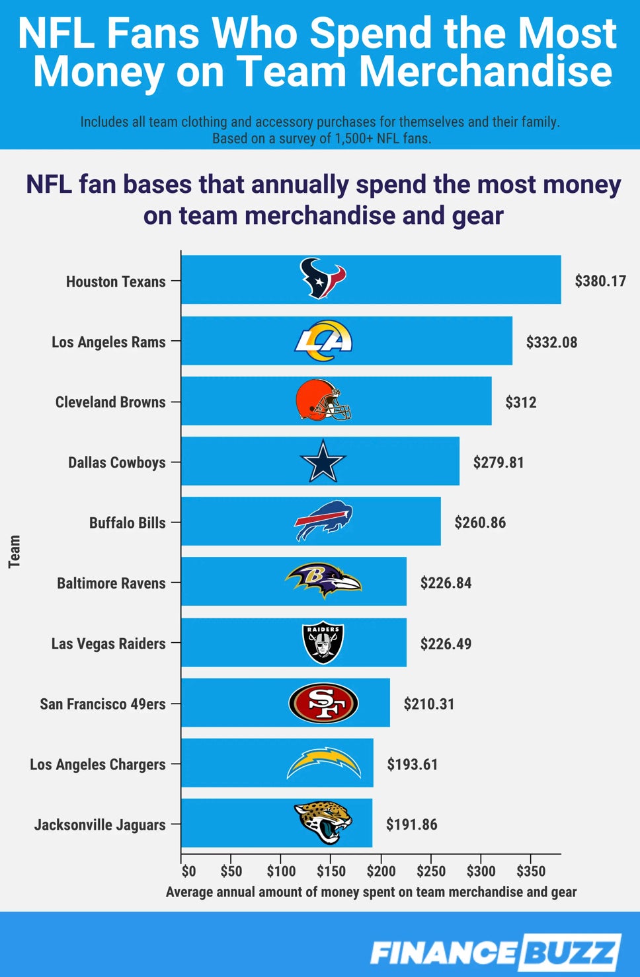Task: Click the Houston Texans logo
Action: click(323, 279)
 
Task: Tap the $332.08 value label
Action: click(551, 342)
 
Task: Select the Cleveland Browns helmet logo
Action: click(323, 400)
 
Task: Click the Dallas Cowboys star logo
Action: click(323, 461)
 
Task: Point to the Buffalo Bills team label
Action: click(127, 523)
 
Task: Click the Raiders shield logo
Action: click(323, 643)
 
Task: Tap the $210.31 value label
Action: click(429, 704)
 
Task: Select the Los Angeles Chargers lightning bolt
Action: click(323, 763)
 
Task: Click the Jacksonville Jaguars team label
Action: click(100, 824)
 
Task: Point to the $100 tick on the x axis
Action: click(281, 871)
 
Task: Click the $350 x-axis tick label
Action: click(531, 871)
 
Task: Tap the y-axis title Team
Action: click(15, 552)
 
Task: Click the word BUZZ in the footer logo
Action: click(570, 952)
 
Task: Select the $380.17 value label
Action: click(600, 281)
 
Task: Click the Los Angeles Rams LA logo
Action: click(323, 341)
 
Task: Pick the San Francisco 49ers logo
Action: click(323, 703)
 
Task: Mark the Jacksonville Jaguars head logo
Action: click(323, 823)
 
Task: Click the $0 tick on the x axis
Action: click(188, 871)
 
